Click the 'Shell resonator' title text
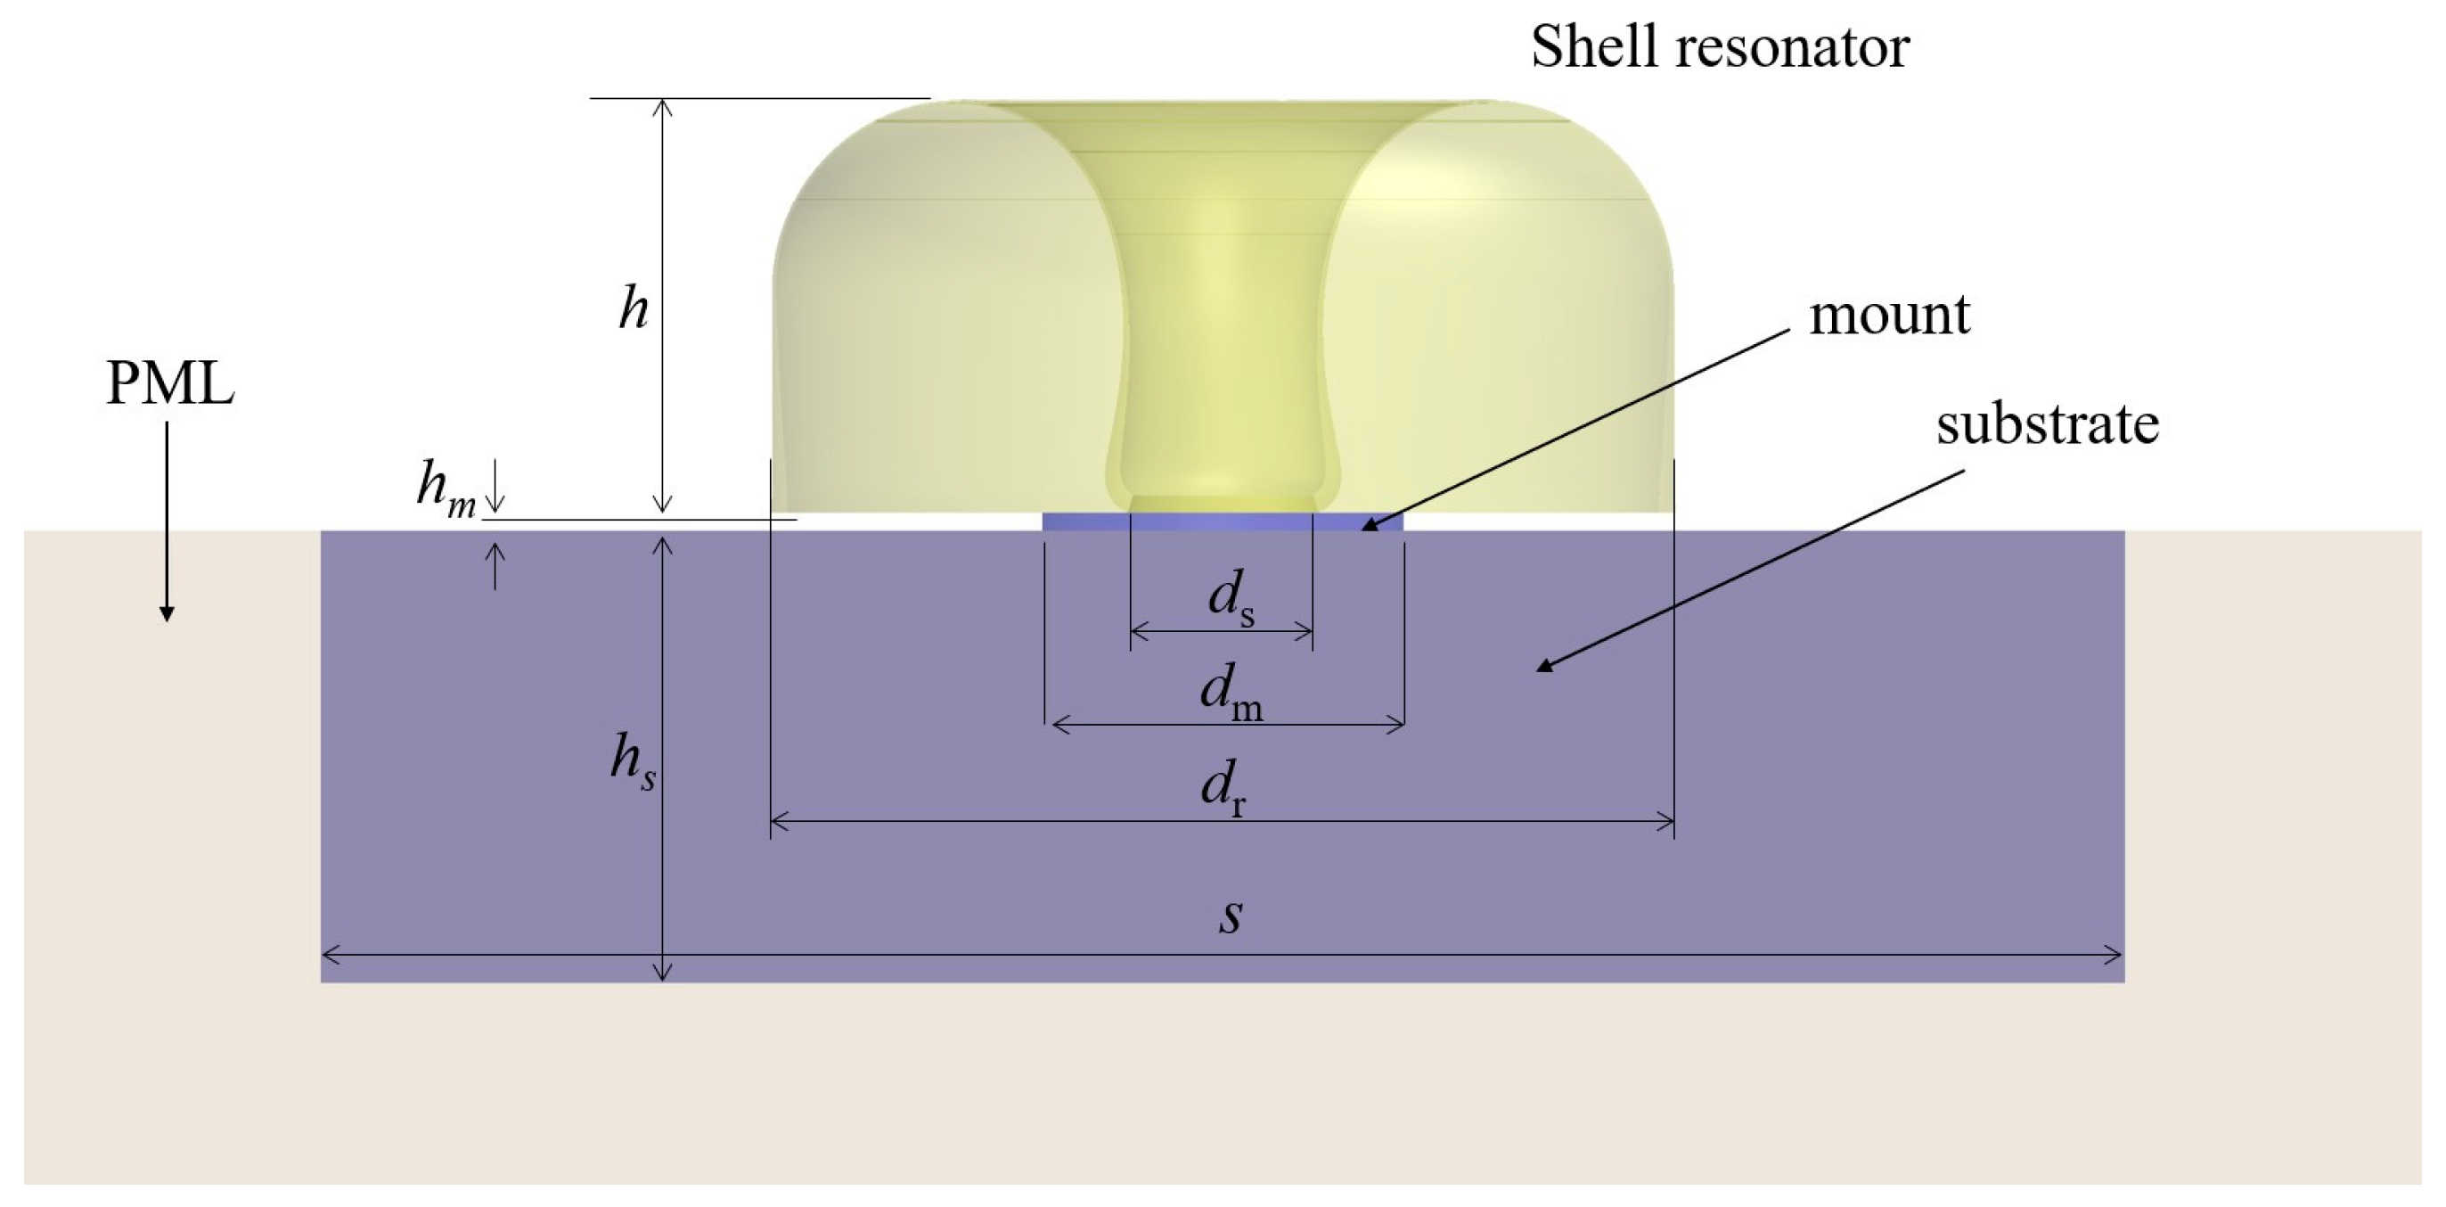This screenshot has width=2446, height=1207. [x=1720, y=46]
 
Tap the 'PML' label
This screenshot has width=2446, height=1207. [x=170, y=384]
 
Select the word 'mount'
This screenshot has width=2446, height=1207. [x=1888, y=316]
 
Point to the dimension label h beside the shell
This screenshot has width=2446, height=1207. [x=634, y=308]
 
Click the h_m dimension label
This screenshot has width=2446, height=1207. [x=446, y=489]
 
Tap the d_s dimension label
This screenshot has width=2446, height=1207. [x=1231, y=600]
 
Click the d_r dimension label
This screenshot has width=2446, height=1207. [x=1223, y=788]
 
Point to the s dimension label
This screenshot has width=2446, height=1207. [x=1231, y=916]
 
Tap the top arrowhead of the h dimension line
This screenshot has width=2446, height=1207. [x=664, y=105]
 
